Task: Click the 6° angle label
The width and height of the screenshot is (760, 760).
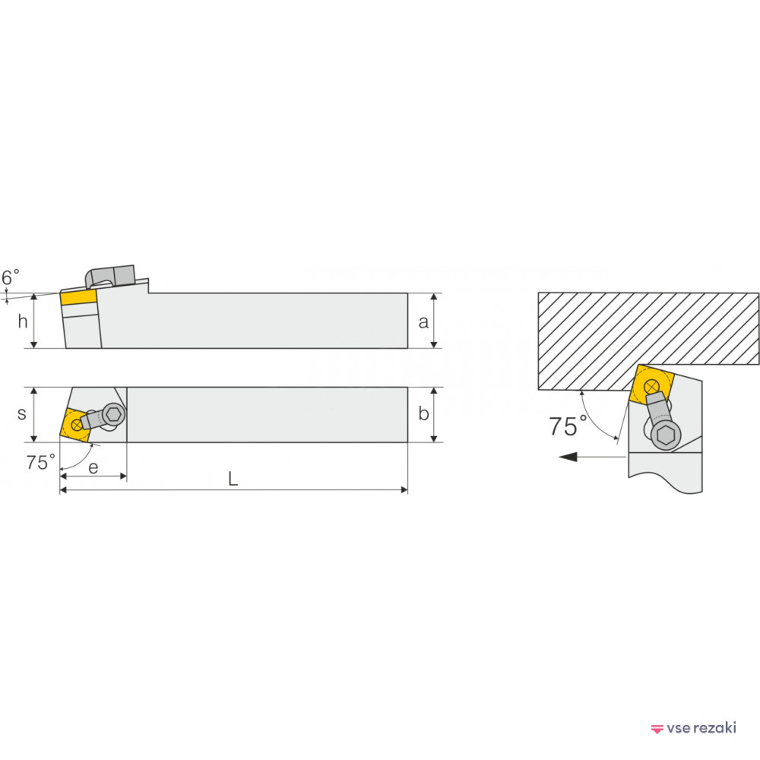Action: coord(10,277)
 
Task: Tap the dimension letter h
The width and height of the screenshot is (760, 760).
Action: coord(22,321)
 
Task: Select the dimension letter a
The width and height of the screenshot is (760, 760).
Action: coord(423,321)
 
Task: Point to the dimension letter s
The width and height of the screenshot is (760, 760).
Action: coord(21,414)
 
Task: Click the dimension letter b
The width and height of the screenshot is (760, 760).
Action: coord(423,413)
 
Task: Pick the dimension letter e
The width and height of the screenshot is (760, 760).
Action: coord(93,467)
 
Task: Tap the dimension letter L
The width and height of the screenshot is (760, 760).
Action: coord(233,480)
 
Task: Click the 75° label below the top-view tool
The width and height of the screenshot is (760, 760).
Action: coord(40,462)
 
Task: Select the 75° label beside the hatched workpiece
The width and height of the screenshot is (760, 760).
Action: coord(568,426)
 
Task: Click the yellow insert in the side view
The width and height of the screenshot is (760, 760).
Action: coord(78,296)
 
